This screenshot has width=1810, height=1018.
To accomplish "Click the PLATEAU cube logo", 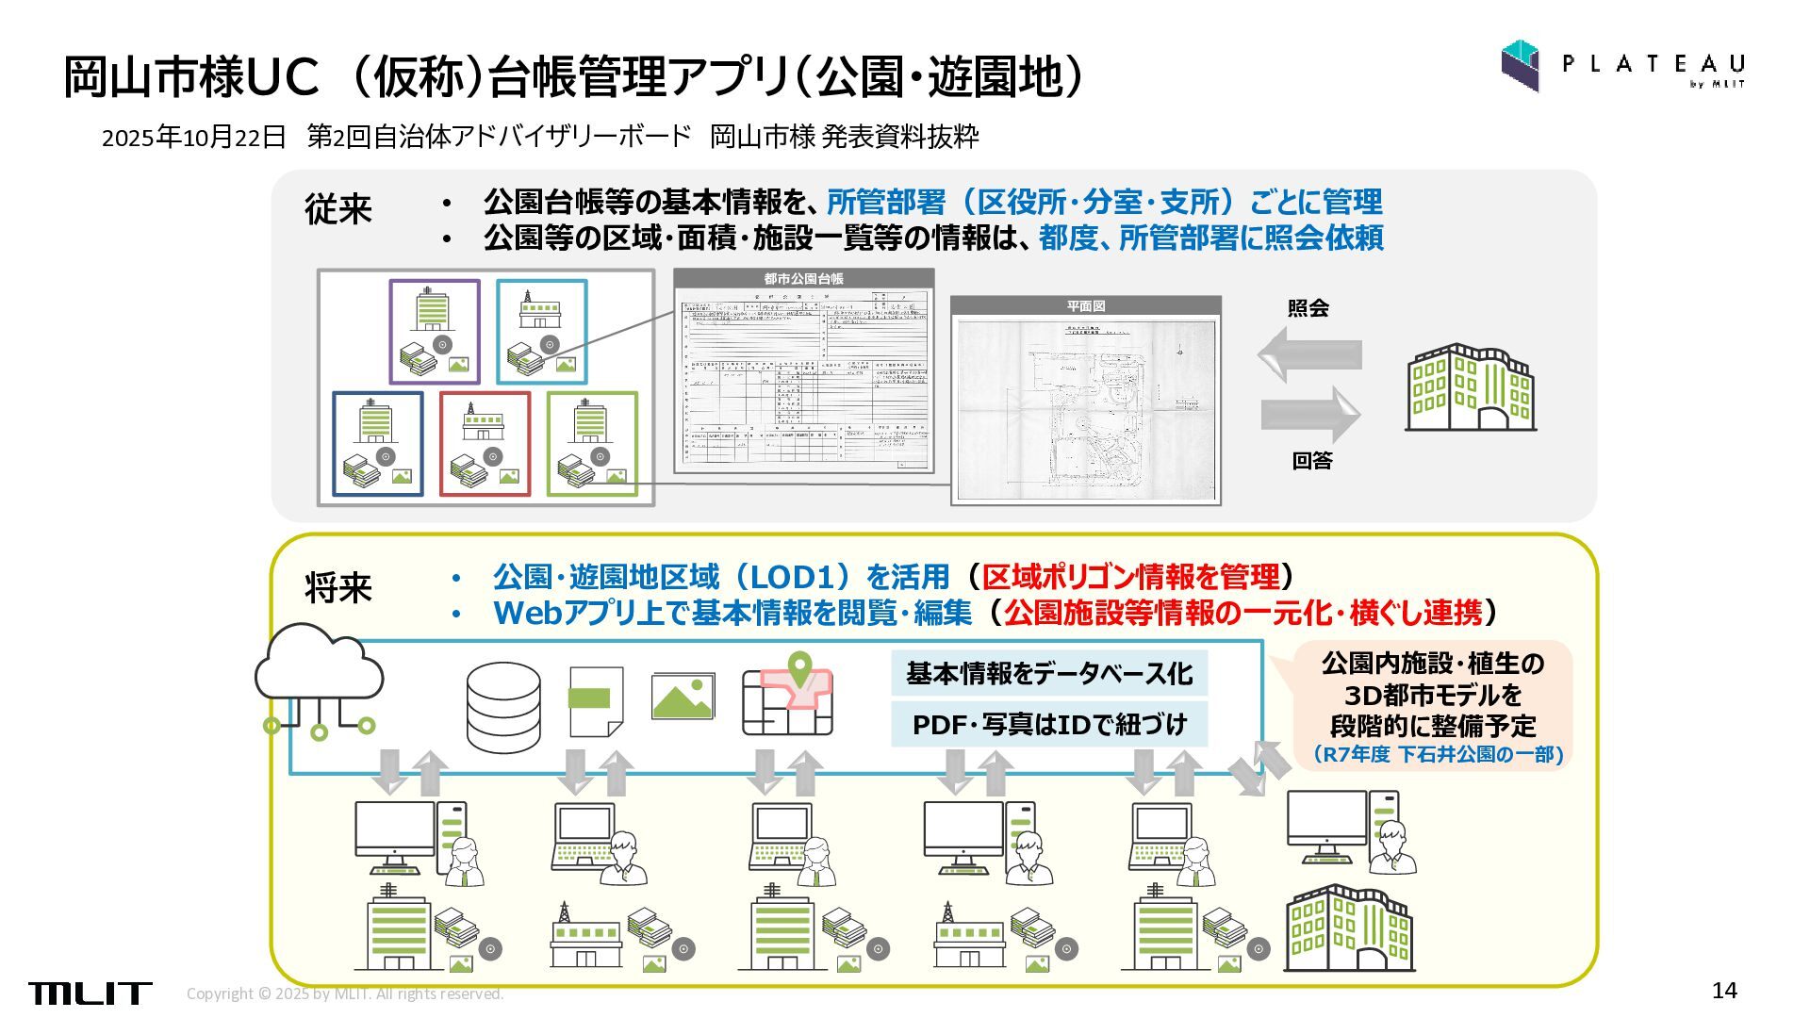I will point(1520,65).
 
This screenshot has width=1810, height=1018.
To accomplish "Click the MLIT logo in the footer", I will point(90,993).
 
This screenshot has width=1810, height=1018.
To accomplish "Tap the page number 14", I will point(1724,990).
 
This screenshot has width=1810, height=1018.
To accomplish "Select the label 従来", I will point(338,208).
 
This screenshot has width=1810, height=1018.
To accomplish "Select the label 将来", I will point(338,587).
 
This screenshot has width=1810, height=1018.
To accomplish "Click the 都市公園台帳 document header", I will point(803,279).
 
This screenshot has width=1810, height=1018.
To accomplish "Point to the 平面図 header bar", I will point(1085,306).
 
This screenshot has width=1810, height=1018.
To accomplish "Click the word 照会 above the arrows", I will point(1308,308).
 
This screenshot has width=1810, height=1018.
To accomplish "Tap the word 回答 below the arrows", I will point(1312,461).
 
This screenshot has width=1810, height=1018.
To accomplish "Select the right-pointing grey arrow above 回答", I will point(1311,414).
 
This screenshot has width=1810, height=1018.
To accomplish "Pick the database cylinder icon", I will point(503,707).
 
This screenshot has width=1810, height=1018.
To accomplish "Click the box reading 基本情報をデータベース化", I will point(1048,673).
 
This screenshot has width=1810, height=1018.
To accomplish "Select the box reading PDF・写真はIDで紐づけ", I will point(1048,724).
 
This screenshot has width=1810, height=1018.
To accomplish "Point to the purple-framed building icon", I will point(435,332).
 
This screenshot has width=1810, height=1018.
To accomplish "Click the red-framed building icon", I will point(485,444).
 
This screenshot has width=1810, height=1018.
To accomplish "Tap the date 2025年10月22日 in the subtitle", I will point(193,137).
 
